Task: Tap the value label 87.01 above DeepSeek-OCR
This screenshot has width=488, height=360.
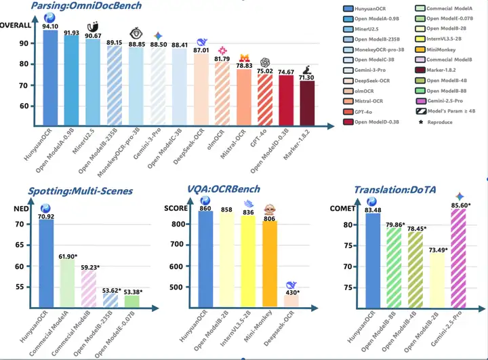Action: click(x=201, y=50)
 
